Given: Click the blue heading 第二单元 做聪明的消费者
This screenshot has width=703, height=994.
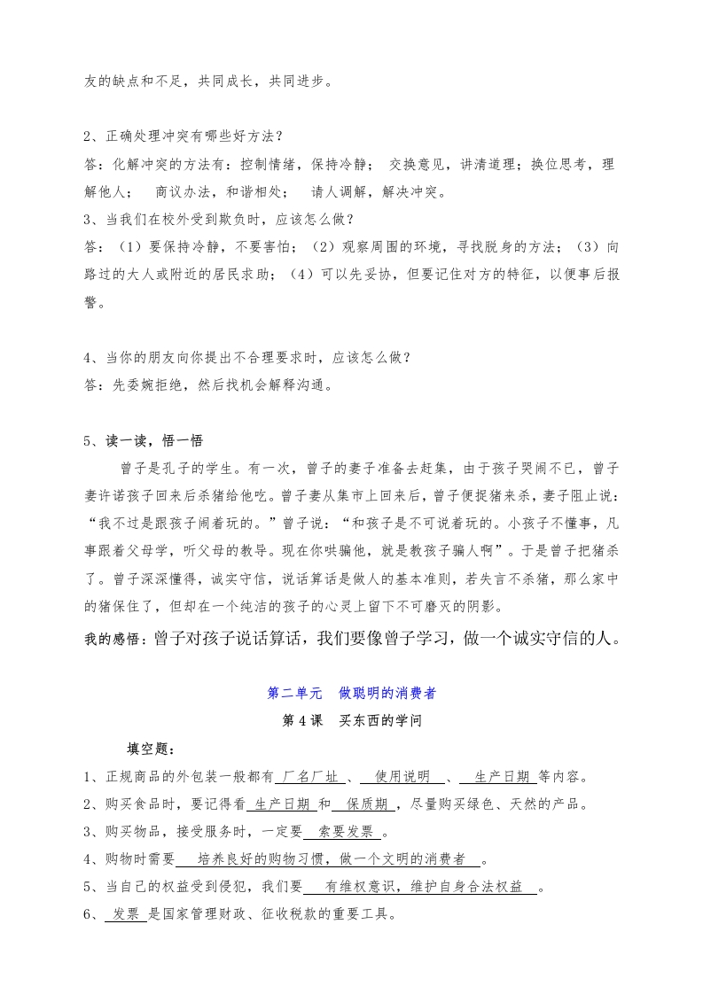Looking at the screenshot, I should [x=351, y=694].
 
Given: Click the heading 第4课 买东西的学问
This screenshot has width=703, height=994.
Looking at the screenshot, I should [x=351, y=721].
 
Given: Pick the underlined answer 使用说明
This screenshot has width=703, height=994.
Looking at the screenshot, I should [x=402, y=777].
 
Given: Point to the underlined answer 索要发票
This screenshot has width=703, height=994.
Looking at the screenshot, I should [x=345, y=832].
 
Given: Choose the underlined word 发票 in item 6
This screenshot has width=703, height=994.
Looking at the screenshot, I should [x=122, y=914].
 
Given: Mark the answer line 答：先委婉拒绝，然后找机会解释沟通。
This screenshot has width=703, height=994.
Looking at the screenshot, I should [x=208, y=385].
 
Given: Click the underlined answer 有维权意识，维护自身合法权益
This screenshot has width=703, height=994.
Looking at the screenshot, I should [x=422, y=887].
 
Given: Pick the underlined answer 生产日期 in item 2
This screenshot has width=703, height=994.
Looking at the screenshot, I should [x=280, y=804].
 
